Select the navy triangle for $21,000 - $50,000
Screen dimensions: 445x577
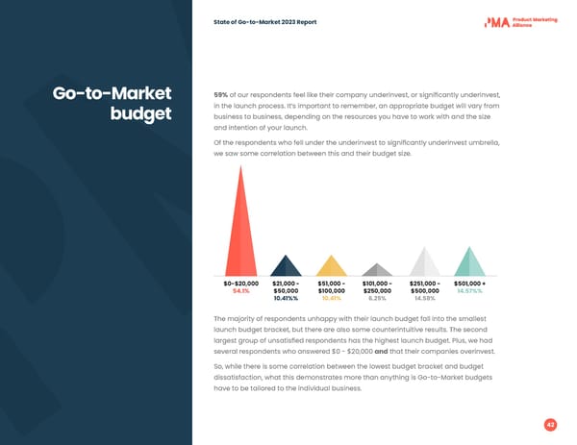[x=285, y=268]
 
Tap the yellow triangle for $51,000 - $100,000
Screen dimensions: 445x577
[x=331, y=268]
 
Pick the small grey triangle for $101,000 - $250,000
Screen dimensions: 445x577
[x=377, y=270]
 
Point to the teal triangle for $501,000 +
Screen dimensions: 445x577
[x=469, y=264]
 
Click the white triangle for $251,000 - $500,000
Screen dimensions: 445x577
[x=424, y=264]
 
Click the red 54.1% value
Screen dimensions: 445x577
[x=238, y=291]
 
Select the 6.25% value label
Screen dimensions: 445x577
[x=377, y=299]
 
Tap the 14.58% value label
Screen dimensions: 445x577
[x=424, y=299]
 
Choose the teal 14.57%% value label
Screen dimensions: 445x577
[x=469, y=291]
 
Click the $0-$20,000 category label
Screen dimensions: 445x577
[x=239, y=284]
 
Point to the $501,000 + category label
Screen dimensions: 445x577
[x=469, y=284]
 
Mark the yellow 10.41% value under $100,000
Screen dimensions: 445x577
[x=331, y=299]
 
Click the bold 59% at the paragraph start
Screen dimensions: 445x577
[x=220, y=94]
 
